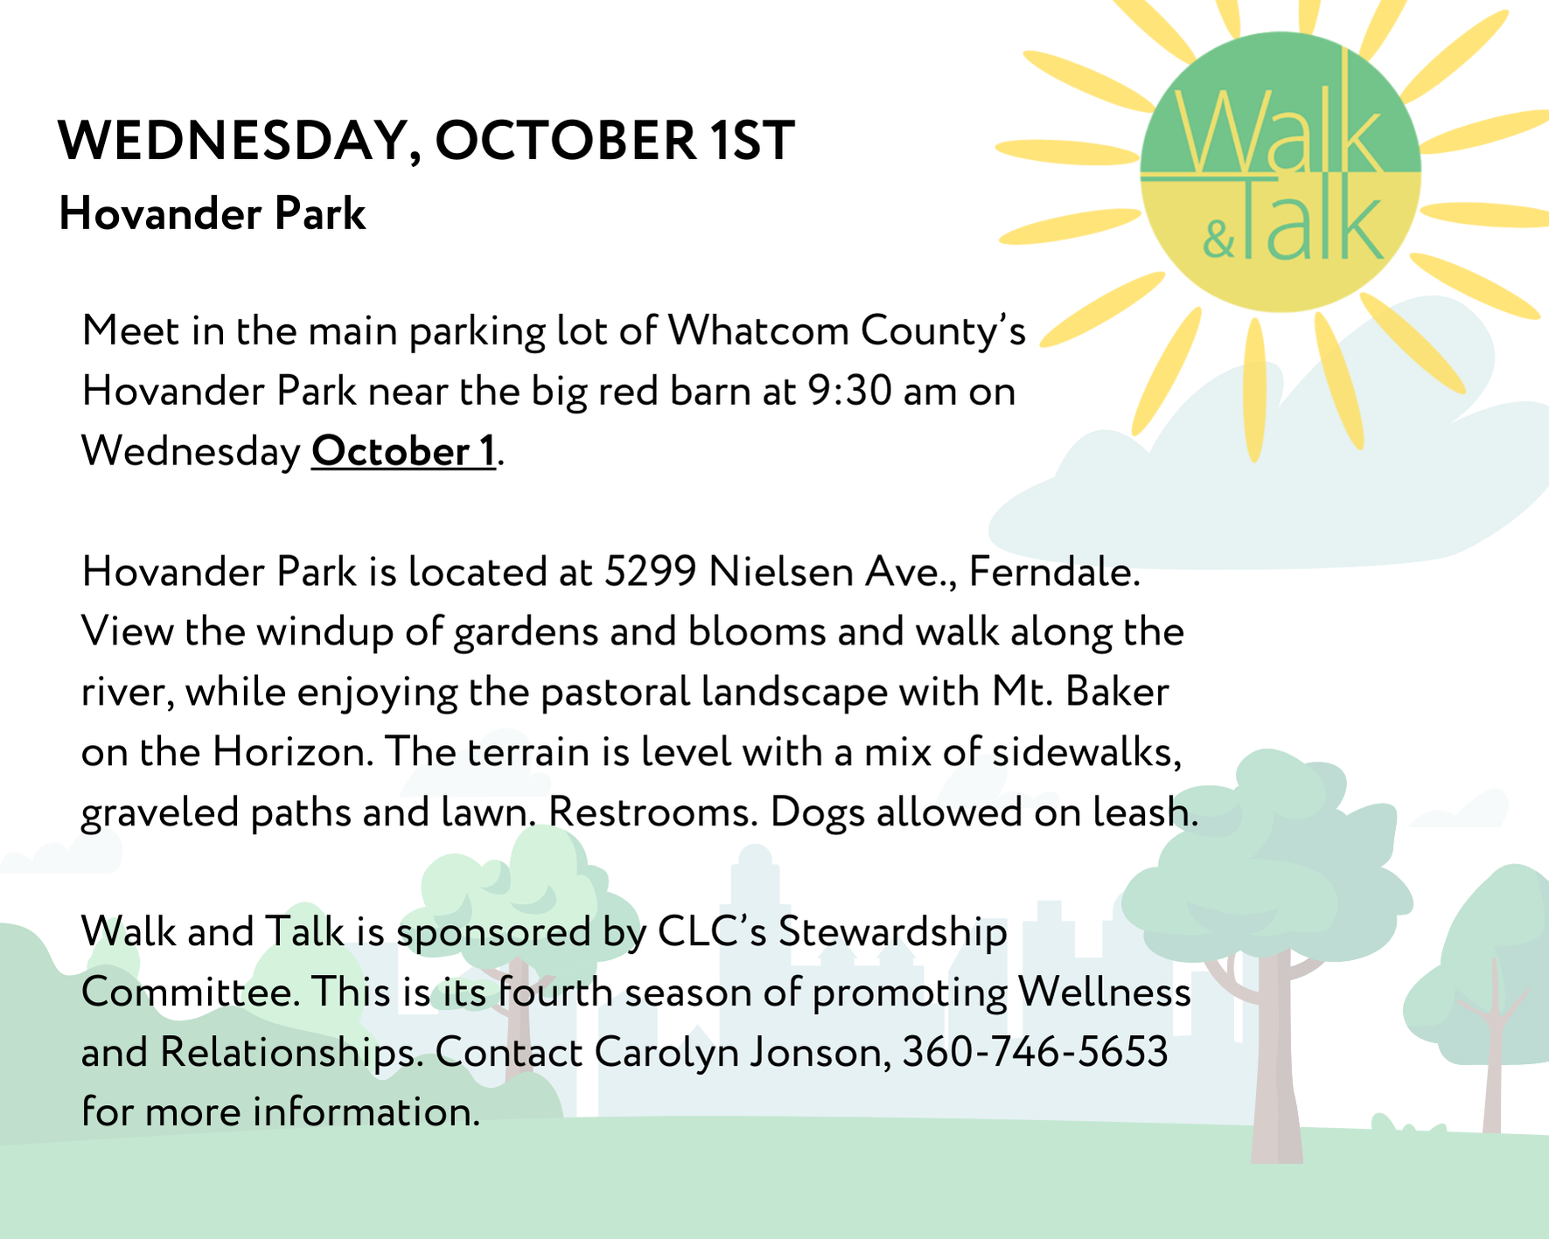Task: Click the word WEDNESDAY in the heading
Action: (x=232, y=140)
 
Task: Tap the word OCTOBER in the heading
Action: (x=566, y=140)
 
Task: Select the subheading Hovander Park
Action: (x=212, y=214)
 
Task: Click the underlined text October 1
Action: (x=403, y=451)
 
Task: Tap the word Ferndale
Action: (x=1055, y=572)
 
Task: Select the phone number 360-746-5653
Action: (x=1035, y=1052)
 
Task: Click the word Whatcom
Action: (x=758, y=331)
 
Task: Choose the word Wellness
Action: (x=1105, y=992)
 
